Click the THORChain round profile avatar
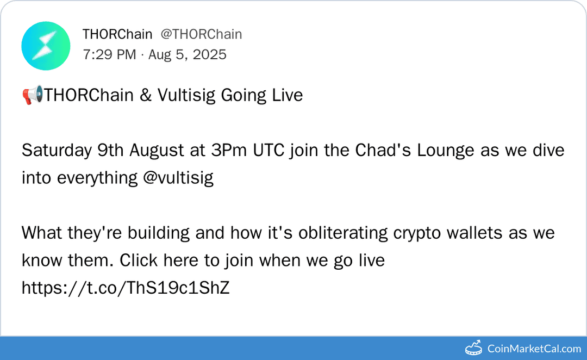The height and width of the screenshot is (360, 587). [x=46, y=46]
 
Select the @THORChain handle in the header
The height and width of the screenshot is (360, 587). [x=201, y=34]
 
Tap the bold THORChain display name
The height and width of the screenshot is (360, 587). [x=117, y=34]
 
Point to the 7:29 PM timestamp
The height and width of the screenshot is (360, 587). [x=109, y=54]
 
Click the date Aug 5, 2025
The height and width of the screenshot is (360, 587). [x=186, y=54]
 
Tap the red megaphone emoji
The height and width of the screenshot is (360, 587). [x=32, y=96]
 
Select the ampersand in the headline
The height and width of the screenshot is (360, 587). [x=145, y=95]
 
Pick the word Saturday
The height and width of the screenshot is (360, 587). [x=57, y=150]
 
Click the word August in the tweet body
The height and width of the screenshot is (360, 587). [x=158, y=150]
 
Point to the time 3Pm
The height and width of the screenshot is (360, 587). [x=228, y=150]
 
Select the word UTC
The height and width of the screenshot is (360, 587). [x=269, y=150]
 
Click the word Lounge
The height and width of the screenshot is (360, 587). [x=446, y=150]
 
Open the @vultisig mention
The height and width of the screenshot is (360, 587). [x=178, y=178]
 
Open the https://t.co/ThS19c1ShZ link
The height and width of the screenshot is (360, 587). [x=126, y=288]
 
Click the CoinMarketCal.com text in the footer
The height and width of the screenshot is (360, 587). [x=534, y=349]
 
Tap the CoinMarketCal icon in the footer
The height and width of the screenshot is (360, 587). [x=474, y=348]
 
